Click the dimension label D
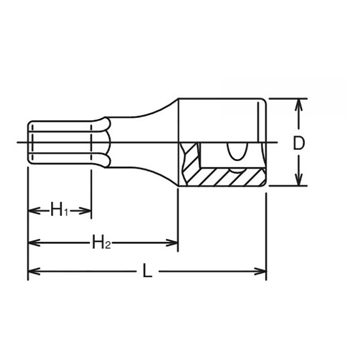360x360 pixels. (x=299, y=143)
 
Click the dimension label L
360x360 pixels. (x=147, y=271)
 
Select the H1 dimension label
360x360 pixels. (x=59, y=210)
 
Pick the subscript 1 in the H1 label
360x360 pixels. (x=65, y=212)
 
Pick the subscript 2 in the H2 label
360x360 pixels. (x=108, y=246)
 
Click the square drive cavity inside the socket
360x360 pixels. (x=216, y=155)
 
